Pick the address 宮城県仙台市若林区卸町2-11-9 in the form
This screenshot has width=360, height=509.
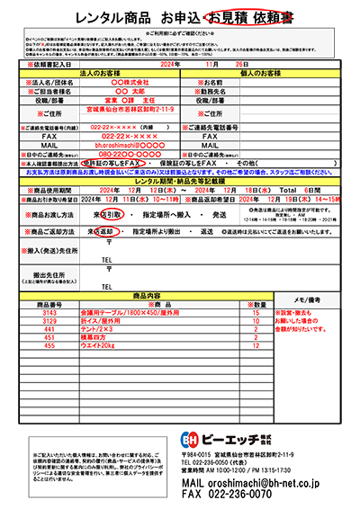click(132, 107)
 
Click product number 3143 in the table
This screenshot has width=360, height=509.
click(49, 311)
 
